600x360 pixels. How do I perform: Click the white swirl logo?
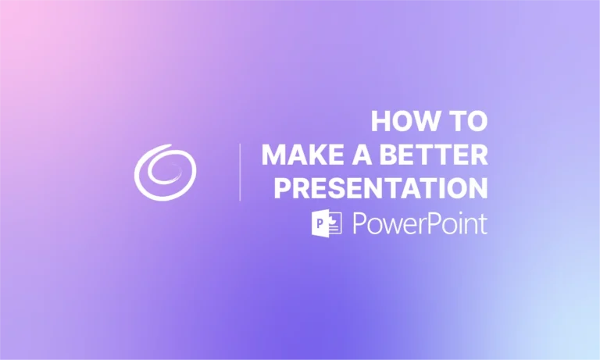[x=165, y=170]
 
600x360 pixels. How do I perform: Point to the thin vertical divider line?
[x=239, y=172]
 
